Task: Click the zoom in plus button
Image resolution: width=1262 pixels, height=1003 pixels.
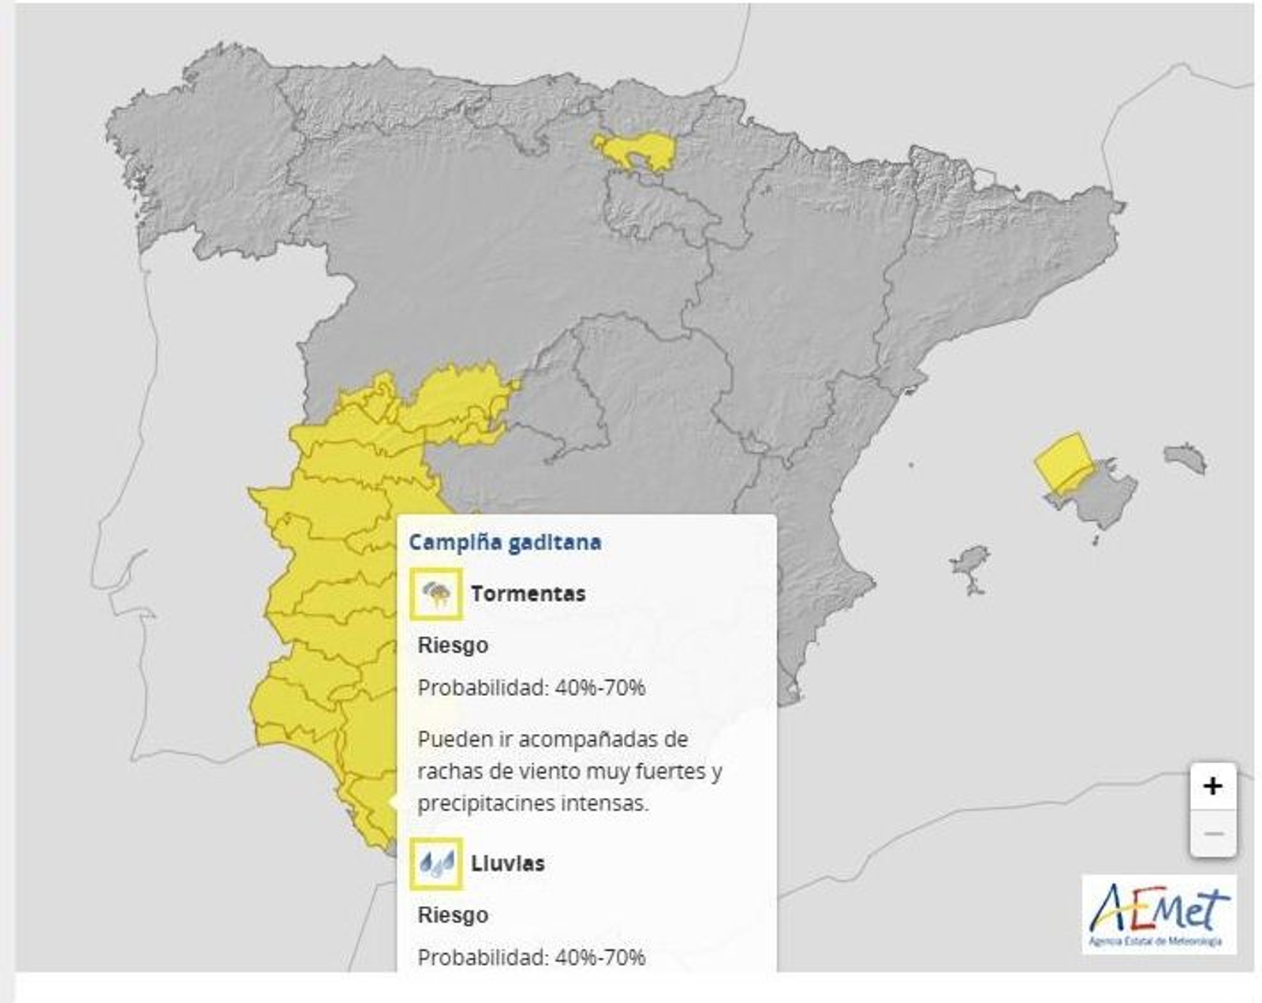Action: (1212, 786)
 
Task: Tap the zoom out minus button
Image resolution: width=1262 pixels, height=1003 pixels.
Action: (1212, 833)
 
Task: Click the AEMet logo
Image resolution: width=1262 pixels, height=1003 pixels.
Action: (1159, 914)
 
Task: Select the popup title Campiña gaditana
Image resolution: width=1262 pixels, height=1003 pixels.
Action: (505, 543)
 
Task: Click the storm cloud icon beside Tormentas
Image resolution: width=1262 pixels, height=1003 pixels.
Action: (436, 593)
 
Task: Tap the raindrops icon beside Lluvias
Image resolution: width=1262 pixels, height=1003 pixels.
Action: (436, 863)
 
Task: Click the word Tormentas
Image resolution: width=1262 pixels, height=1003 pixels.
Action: (528, 593)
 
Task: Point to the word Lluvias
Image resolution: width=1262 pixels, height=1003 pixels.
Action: (507, 863)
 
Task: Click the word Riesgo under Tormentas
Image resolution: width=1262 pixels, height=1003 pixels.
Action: (453, 646)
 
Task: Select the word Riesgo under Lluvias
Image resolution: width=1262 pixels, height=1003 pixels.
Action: (453, 915)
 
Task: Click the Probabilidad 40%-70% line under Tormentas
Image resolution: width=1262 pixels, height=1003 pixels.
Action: (531, 688)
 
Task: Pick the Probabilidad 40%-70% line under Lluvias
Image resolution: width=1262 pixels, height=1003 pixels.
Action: (531, 957)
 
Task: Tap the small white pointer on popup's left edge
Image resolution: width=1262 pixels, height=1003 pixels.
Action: (392, 802)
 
